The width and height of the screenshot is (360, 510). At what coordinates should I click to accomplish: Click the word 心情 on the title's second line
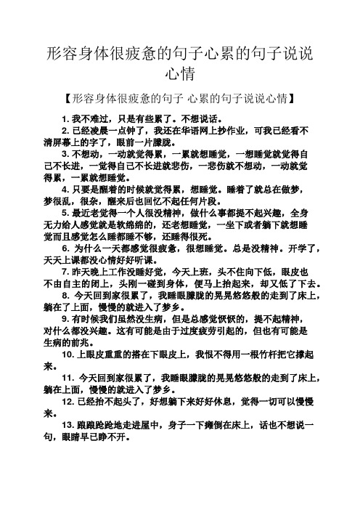pyautogui.click(x=179, y=74)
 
